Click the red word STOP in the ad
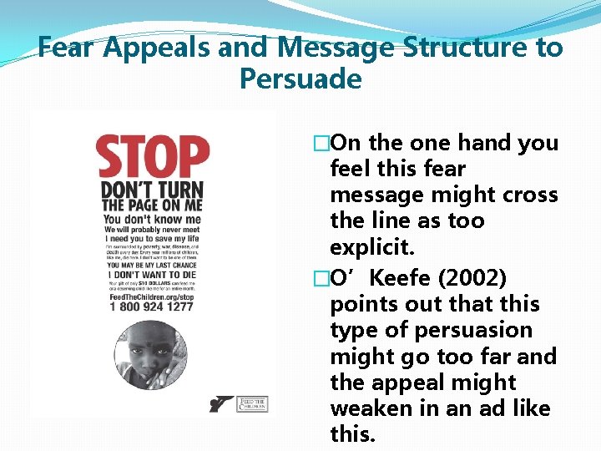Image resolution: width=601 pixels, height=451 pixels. click(154, 159)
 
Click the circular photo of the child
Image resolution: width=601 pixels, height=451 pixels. click(150, 357)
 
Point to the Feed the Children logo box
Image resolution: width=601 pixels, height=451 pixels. click(252, 403)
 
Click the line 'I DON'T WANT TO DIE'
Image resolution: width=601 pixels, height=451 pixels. click(150, 275)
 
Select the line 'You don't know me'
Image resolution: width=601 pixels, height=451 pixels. click(140, 219)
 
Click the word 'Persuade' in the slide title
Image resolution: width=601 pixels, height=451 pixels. click(300, 79)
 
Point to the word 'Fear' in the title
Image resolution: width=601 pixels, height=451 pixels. click(68, 48)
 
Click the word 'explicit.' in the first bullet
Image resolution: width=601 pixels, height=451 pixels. click(372, 248)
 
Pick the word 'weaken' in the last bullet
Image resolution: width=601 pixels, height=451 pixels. click(370, 408)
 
